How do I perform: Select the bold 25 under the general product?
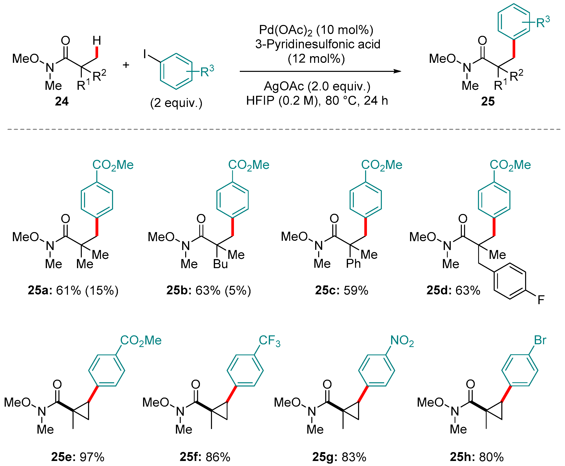(488, 101)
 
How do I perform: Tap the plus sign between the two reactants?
(126, 65)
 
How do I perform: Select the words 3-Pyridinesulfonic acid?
(318, 44)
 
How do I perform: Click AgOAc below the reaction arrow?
(284, 86)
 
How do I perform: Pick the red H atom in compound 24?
(97, 41)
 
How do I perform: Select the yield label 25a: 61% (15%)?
(73, 290)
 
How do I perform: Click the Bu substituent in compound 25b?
(220, 264)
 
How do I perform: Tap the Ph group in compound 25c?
(353, 264)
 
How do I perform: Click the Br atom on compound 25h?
(540, 340)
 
